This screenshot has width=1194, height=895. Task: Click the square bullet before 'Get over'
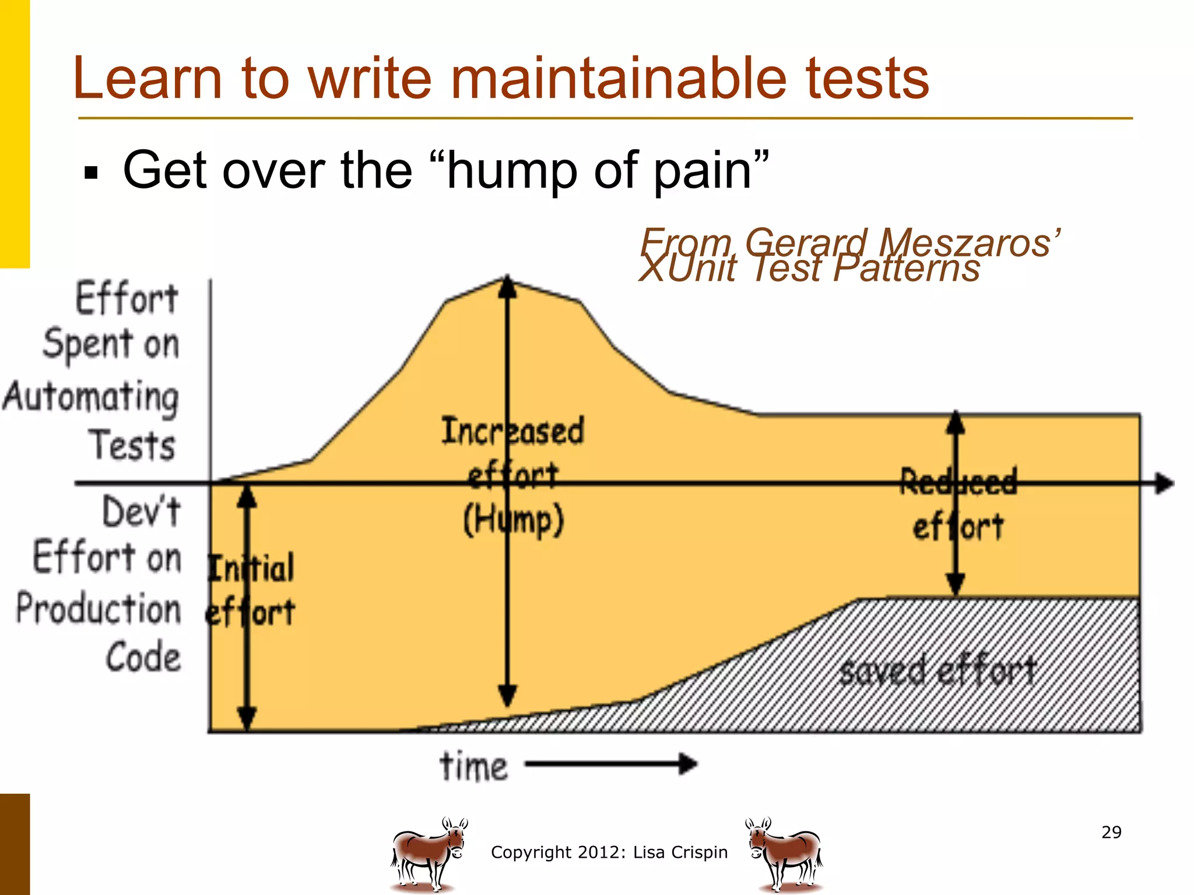[91, 173]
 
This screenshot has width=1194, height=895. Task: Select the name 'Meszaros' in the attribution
[968, 242]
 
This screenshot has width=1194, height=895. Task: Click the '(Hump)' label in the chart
[513, 520]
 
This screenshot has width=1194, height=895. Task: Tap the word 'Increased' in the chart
[512, 431]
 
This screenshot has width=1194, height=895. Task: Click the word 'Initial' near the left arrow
[251, 568]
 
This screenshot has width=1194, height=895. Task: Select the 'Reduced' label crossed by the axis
[958, 481]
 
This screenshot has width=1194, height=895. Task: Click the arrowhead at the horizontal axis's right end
[1164, 483]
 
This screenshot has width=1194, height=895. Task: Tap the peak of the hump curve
[507, 279]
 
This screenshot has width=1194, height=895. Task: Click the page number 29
[1111, 832]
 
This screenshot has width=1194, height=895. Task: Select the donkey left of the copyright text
[429, 854]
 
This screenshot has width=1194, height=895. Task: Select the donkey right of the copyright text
[785, 854]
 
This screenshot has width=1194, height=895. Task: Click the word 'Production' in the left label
[99, 609]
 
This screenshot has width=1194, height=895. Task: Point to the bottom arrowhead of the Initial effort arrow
[247, 718]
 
